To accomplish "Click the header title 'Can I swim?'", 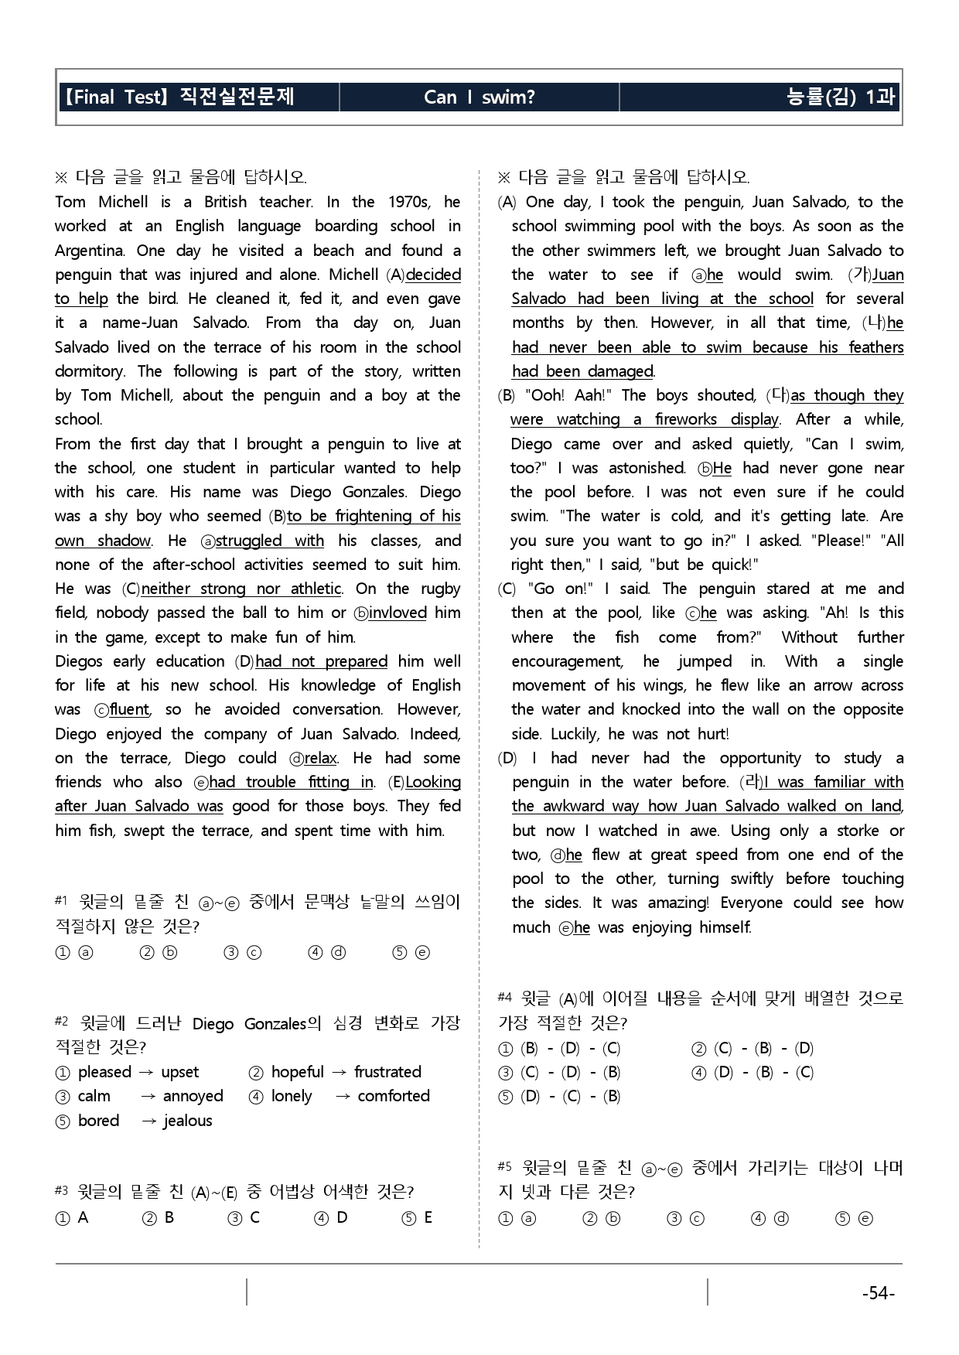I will coord(479,97).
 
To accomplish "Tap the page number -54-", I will coord(878,1293).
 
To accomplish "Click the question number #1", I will coord(62,900).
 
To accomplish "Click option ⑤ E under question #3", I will coord(418,1218).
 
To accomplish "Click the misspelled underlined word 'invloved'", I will coord(398,613).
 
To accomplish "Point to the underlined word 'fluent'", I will coord(129,710).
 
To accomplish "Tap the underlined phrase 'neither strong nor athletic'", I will coord(241,589).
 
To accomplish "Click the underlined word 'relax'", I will coord(320,758).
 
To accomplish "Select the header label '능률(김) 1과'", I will coord(839,97).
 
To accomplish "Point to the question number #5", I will coord(505,1166).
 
